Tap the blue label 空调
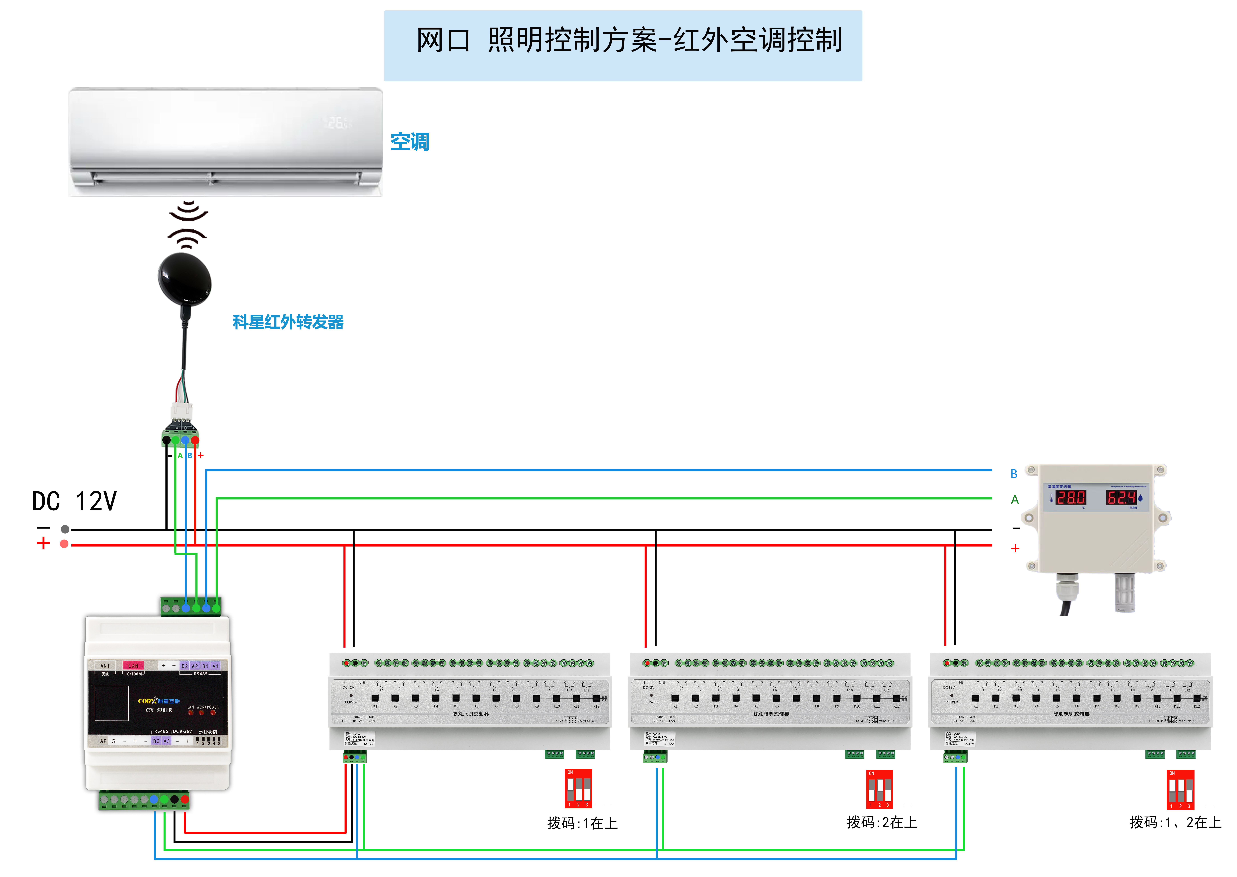410,142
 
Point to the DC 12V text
75,501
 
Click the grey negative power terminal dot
65,529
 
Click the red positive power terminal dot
64,544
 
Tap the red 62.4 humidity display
1122,497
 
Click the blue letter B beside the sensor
1014,474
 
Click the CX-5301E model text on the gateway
159,711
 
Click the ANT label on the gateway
105,666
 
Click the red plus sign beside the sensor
1015,549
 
